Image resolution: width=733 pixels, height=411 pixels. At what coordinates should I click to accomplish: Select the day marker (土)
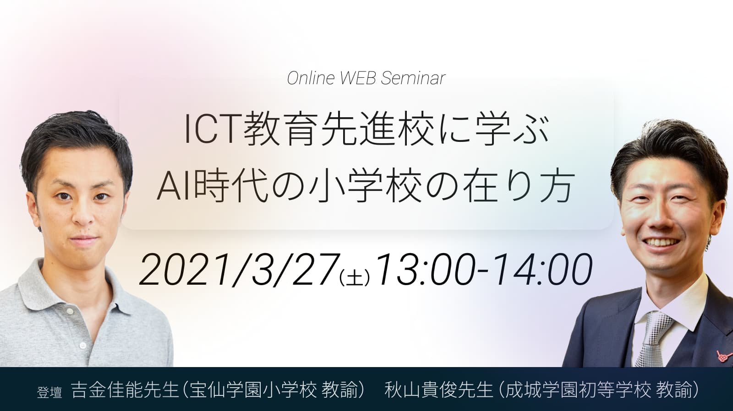[355, 278]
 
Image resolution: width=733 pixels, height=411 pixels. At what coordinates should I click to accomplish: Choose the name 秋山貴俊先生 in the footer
[439, 390]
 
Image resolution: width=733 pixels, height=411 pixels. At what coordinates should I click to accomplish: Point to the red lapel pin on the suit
[723, 356]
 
